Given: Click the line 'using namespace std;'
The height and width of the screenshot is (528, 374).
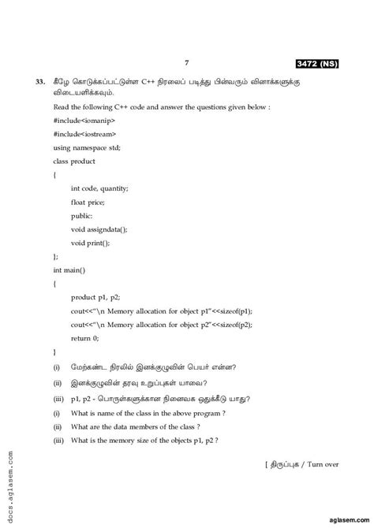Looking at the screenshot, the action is tap(87, 148).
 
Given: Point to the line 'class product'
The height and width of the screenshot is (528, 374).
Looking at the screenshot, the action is tap(74, 162).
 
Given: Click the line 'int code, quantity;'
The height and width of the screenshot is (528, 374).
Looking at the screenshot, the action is tap(99, 188).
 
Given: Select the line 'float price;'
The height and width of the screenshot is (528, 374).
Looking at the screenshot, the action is tap(88, 202).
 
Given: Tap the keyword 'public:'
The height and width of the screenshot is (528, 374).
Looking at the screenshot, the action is tap(81, 215).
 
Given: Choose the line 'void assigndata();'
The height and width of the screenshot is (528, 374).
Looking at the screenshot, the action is tap(99, 229).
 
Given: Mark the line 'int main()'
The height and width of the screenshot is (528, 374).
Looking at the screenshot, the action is tap(69, 270).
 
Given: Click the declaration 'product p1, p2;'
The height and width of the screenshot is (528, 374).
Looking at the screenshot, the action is tap(95, 297).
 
